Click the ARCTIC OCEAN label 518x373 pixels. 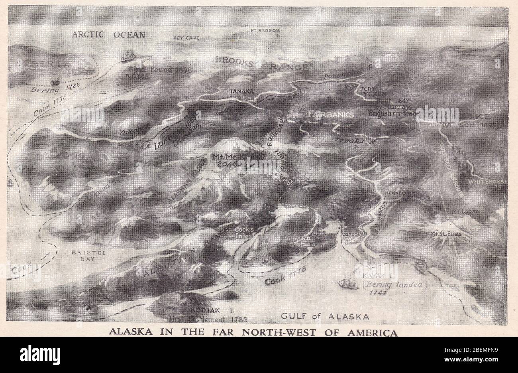pyautogui.click(x=108, y=35)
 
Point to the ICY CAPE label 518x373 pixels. pyautogui.click(x=186, y=38)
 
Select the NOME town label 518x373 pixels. pyautogui.click(x=138, y=76)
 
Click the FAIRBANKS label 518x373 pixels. pyautogui.click(x=332, y=114)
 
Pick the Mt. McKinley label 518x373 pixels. pyautogui.click(x=239, y=157)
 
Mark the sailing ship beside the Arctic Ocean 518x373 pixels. pyautogui.click(x=127, y=57)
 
